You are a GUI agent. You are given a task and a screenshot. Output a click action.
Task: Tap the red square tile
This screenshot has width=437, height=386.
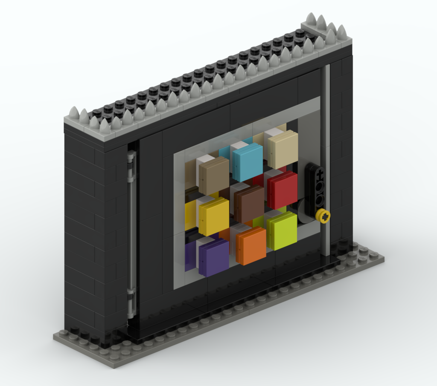283,190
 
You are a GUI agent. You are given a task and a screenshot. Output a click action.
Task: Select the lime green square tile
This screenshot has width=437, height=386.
283,230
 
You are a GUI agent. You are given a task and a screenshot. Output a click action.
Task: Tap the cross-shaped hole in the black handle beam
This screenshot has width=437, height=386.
318,173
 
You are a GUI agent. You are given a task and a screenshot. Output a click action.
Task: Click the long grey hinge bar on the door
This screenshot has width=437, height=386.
131,230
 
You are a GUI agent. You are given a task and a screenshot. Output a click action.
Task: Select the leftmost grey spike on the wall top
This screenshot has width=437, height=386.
74,113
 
